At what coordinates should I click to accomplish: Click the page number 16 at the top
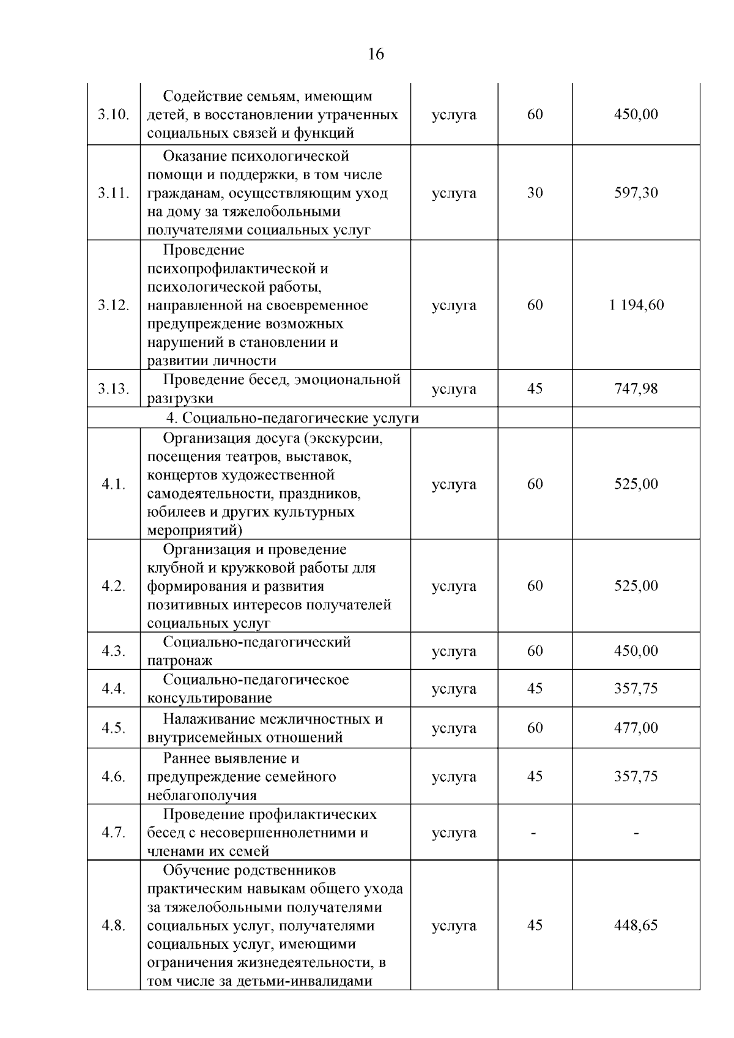(376, 54)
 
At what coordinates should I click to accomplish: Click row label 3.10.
(113, 115)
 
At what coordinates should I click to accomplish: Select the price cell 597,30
(636, 193)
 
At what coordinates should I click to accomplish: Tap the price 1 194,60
(636, 305)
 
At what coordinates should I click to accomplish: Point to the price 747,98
(636, 388)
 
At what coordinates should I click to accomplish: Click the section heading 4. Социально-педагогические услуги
(293, 418)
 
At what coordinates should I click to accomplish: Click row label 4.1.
(113, 484)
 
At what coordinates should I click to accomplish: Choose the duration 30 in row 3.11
(535, 193)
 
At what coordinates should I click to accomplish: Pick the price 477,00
(636, 727)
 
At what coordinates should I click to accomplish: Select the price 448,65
(636, 925)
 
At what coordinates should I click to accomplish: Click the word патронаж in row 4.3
(180, 661)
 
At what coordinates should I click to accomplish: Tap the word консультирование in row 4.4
(209, 698)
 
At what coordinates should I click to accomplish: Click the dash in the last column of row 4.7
(636, 832)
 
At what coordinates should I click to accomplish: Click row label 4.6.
(113, 776)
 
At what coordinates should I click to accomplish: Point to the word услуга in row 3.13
(454, 388)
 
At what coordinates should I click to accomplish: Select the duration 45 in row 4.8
(535, 925)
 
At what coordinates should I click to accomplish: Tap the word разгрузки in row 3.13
(180, 399)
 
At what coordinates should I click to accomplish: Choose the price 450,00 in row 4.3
(636, 650)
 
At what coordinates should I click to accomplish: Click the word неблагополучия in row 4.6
(201, 795)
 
